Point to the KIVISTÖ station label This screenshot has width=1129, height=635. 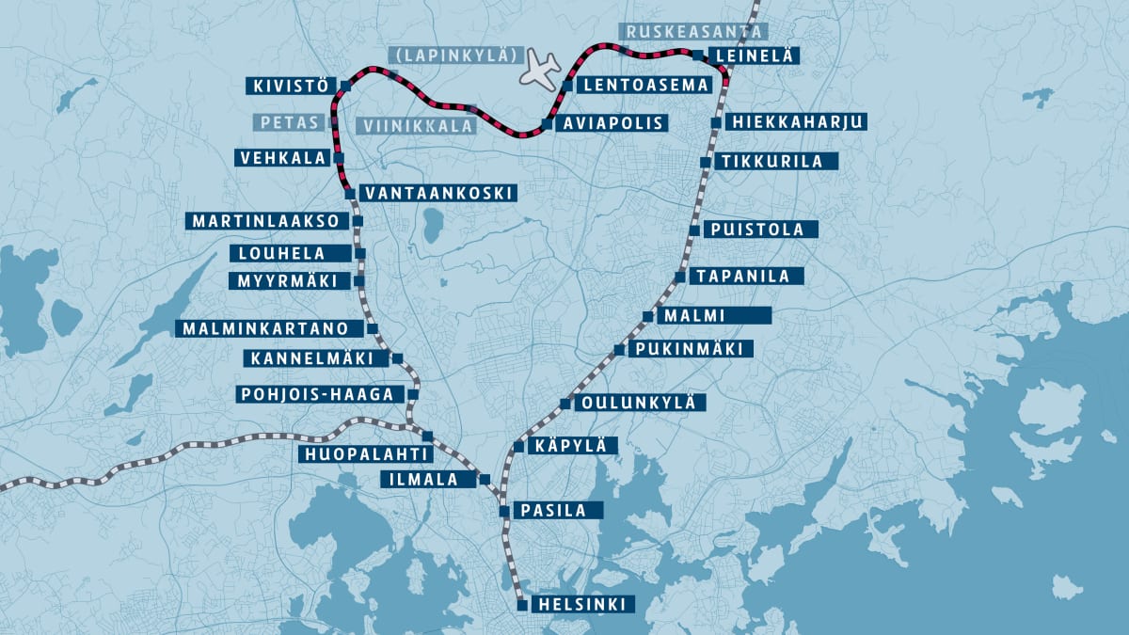(290, 87)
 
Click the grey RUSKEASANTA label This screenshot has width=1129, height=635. (692, 31)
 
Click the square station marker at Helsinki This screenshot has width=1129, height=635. (522, 605)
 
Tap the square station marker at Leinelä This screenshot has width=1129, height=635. (697, 56)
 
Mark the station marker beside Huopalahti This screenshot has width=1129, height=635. (428, 436)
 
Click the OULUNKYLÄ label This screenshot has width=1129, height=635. (639, 403)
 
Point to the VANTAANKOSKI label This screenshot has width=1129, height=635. (437, 193)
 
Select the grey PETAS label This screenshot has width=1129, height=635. (288, 122)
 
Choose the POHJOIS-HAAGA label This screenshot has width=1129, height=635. (316, 394)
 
